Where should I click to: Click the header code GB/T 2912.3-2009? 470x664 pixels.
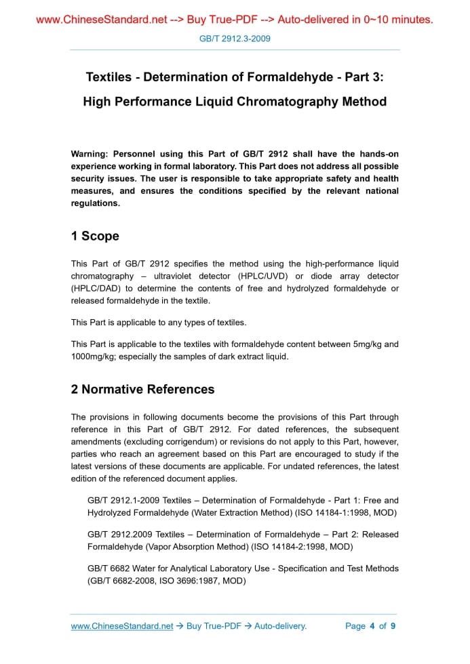[235, 39]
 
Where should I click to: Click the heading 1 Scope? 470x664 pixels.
[95, 236]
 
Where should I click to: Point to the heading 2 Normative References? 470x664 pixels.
[142, 389]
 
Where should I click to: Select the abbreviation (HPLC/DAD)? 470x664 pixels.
[97, 289]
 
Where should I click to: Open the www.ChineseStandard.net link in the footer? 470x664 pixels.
[122, 626]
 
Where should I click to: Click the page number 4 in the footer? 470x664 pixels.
[372, 626]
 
